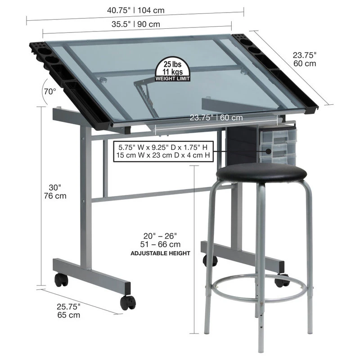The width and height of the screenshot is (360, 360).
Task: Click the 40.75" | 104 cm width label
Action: [136, 10]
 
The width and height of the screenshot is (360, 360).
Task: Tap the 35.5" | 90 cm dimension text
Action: [136, 24]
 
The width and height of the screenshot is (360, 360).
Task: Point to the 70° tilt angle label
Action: [50, 92]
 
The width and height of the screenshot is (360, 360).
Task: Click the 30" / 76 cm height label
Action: [55, 192]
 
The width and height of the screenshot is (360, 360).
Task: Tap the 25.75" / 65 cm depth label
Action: [69, 310]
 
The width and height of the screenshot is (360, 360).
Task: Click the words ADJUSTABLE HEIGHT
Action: [160, 253]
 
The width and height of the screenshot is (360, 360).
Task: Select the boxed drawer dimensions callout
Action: [163, 151]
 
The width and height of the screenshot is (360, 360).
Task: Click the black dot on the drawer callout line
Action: [268, 151]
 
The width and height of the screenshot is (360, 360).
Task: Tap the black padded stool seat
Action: [261, 173]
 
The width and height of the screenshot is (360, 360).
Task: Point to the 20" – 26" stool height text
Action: [160, 236]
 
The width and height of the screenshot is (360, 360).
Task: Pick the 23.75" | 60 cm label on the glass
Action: [216, 118]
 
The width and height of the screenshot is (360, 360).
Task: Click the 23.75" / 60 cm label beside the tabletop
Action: [305, 59]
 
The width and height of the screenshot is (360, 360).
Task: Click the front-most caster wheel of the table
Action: [128, 302]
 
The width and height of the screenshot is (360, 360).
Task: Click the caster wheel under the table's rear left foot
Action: [61, 279]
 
